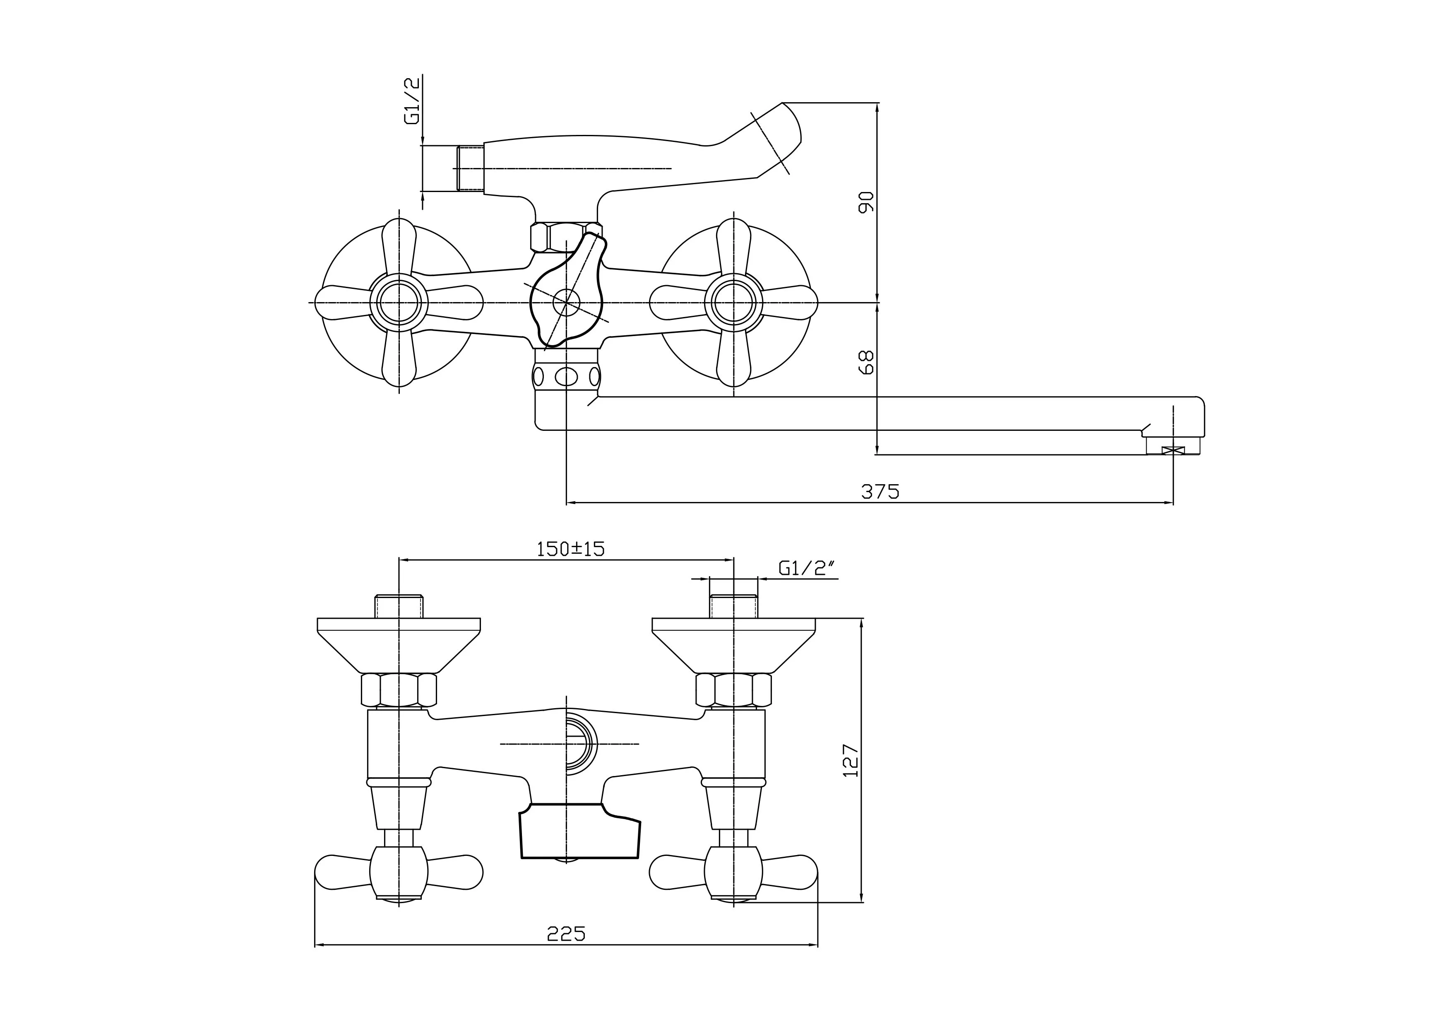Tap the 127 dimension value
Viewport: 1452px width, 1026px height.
tap(852, 760)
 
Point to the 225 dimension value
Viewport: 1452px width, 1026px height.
tap(566, 933)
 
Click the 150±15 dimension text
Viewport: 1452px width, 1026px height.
tap(570, 549)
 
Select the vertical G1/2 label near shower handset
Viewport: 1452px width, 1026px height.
tap(412, 101)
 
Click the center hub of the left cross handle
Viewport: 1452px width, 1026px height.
tap(399, 303)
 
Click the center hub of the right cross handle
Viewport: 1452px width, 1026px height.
tap(733, 303)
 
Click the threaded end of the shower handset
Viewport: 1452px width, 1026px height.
tap(470, 169)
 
